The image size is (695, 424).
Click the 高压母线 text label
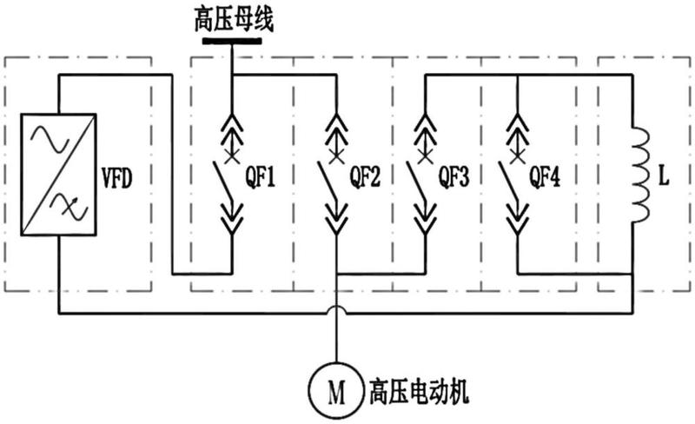coord(234,19)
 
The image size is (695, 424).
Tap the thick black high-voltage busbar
coord(232,41)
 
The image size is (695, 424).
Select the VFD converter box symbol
coord(58,175)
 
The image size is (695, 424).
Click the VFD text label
coord(117,178)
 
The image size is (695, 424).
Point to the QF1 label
coord(260,177)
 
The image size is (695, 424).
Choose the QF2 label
coord(365,177)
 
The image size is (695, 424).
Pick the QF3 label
coord(453,177)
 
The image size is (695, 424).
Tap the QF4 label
coord(545,177)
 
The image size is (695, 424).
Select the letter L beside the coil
coord(664,177)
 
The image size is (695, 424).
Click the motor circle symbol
coord(336,392)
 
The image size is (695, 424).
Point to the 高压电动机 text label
coord(419,392)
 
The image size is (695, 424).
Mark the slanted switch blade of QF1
coord(222,181)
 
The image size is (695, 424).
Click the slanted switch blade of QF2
coord(328,181)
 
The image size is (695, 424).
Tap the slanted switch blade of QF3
coord(417,181)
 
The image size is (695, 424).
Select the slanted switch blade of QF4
coord(508,181)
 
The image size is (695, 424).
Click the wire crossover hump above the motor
coord(337,307)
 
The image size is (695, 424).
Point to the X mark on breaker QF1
coord(231,156)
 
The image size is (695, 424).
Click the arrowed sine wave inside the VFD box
coord(69,207)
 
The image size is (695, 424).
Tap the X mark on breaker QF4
coord(517,156)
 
